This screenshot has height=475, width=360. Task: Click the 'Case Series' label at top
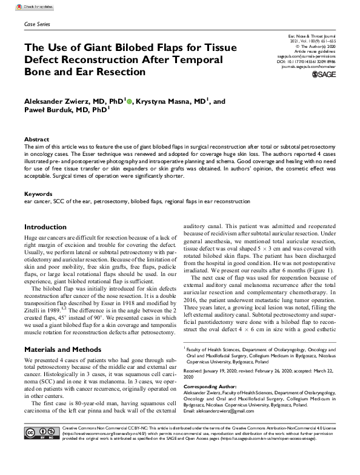click(37, 24)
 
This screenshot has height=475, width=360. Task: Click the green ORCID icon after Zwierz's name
click(130, 101)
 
